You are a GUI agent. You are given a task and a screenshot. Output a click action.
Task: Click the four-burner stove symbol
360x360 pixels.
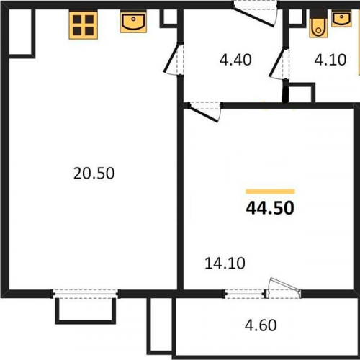coord(84,24)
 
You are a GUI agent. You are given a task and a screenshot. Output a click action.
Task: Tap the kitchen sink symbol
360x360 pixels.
coord(133,22)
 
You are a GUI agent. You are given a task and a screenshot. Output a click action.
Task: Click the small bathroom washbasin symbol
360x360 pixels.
coord(342,19)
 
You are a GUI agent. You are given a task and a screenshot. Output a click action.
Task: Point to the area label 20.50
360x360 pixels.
coord(94,174)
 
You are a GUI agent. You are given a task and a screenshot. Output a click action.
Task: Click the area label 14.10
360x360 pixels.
coord(225,264)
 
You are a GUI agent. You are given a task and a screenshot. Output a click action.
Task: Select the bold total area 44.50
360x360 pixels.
coord(270,208)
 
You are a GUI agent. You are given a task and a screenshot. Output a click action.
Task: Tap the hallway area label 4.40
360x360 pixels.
coord(235,60)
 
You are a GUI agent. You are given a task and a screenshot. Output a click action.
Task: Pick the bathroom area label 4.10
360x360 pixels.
coord(330,60)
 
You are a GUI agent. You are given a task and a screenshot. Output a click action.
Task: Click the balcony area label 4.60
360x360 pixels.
coord(261,325)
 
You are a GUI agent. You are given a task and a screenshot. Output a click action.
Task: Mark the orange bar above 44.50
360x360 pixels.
coord(270,192)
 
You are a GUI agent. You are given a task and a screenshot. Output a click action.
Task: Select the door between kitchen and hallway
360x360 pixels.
coord(174,59)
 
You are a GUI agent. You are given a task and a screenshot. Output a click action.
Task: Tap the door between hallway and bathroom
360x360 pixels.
coord(279,63)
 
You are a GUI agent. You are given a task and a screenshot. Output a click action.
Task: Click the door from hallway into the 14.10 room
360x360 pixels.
coord(204,111)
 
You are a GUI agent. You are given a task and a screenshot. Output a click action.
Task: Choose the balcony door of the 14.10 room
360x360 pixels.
coord(284,289)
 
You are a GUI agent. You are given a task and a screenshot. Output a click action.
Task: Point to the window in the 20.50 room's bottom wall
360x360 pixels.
coord(85,294)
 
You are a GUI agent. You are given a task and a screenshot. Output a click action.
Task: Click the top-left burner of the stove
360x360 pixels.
coord(77,19)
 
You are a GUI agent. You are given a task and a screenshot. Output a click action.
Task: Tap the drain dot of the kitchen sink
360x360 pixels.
coord(135,19)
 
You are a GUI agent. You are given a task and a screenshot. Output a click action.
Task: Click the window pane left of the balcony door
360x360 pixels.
coord(245,294)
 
